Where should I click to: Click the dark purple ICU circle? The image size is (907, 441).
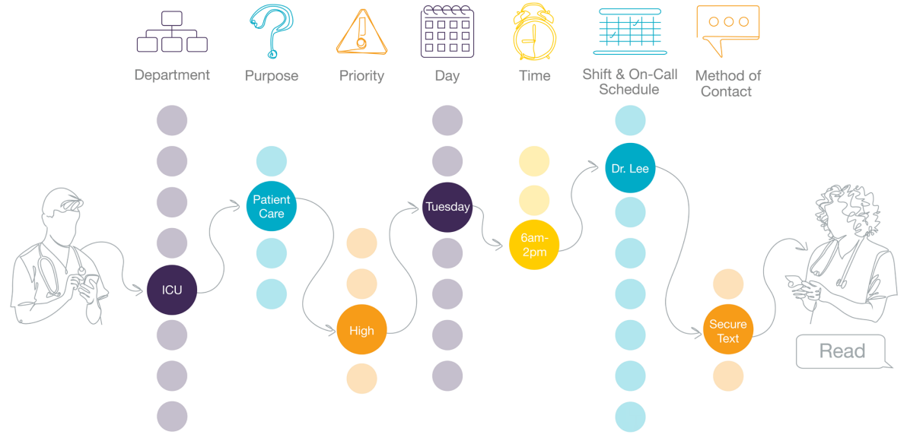tap(172, 290)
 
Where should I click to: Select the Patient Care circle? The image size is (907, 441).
tap(271, 207)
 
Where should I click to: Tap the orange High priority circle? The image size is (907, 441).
tap(361, 330)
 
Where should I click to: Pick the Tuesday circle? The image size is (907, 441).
tap(447, 207)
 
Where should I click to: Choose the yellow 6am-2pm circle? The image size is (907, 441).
tap(533, 245)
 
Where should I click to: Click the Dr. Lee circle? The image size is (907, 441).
tap(630, 168)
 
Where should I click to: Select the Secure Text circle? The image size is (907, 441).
tap(727, 331)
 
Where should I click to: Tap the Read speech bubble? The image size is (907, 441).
tap(842, 351)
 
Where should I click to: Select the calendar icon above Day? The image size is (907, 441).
tap(447, 31)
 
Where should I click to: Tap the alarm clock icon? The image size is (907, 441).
tap(534, 32)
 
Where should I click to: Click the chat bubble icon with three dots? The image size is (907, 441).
tap(727, 29)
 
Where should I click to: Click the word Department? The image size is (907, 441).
tap(172, 75)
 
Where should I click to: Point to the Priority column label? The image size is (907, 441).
tap(361, 76)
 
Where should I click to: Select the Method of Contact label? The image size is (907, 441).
tap(727, 84)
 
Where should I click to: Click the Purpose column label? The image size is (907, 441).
tap(271, 76)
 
